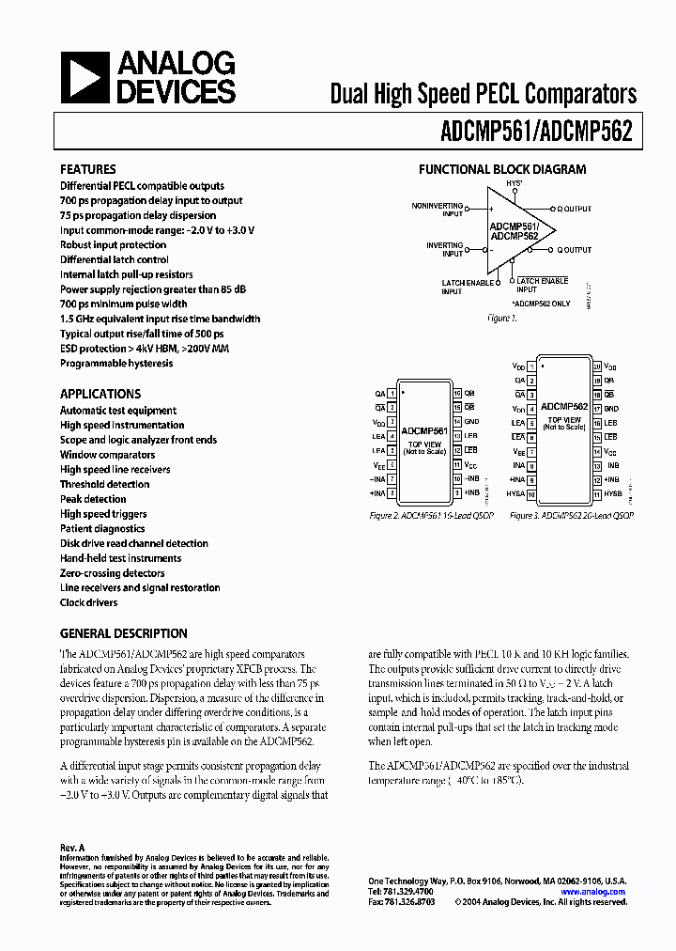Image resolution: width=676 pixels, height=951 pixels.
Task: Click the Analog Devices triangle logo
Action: [x=84, y=79]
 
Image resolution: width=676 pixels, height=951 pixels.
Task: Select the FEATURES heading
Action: [x=88, y=169]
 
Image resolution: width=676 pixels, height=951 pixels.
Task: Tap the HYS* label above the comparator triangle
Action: [x=514, y=184]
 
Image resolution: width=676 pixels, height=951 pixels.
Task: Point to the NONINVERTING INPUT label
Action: [x=438, y=210]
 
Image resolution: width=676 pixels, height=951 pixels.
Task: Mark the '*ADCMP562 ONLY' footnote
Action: [x=541, y=304]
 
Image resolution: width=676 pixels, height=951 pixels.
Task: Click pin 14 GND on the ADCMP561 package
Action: [x=470, y=422]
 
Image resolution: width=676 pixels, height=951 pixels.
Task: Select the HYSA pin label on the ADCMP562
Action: [x=515, y=493]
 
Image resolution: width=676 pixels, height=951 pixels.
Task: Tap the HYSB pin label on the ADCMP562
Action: [x=612, y=493]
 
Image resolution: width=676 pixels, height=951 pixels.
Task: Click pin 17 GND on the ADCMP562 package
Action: [x=610, y=409]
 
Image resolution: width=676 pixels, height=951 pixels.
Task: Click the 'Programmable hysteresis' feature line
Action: [x=116, y=364]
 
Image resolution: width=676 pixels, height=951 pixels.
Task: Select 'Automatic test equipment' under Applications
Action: [x=118, y=411]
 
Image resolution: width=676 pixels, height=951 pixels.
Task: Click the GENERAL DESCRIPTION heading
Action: [x=124, y=633]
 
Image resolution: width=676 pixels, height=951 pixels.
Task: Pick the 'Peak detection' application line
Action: [x=93, y=499]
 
